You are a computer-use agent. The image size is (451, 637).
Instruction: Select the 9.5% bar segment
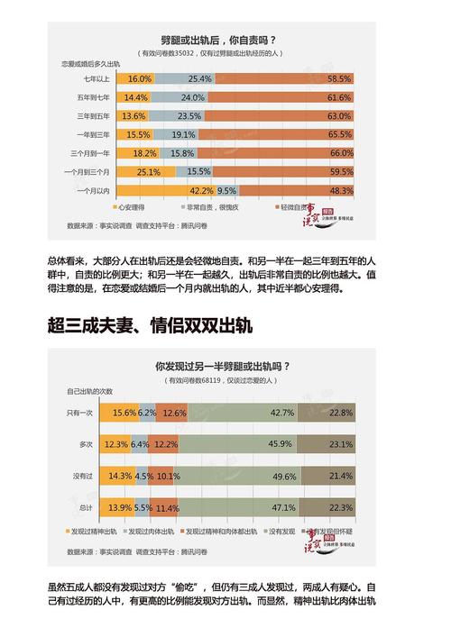click(227, 190)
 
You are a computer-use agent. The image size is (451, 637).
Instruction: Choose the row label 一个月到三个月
click(86, 171)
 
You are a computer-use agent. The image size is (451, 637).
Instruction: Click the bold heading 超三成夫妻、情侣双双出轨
click(150, 325)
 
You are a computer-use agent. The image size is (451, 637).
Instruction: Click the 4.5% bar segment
click(143, 475)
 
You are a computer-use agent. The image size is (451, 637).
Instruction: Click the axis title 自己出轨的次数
click(89, 391)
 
